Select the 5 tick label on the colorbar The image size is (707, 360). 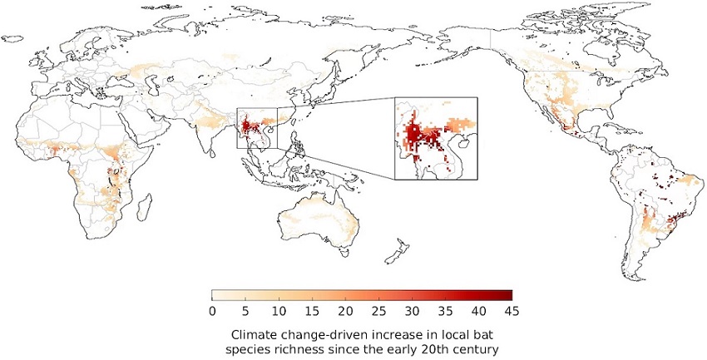(x=245, y=311)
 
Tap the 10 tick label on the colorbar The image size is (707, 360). (x=279, y=311)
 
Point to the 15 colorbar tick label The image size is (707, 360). (x=312, y=311)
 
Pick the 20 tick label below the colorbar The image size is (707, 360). (x=345, y=311)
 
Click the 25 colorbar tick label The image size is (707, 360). (x=378, y=311)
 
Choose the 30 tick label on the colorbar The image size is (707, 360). (x=412, y=311)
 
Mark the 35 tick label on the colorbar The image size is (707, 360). (x=445, y=311)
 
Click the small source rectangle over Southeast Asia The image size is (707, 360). (x=256, y=128)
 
